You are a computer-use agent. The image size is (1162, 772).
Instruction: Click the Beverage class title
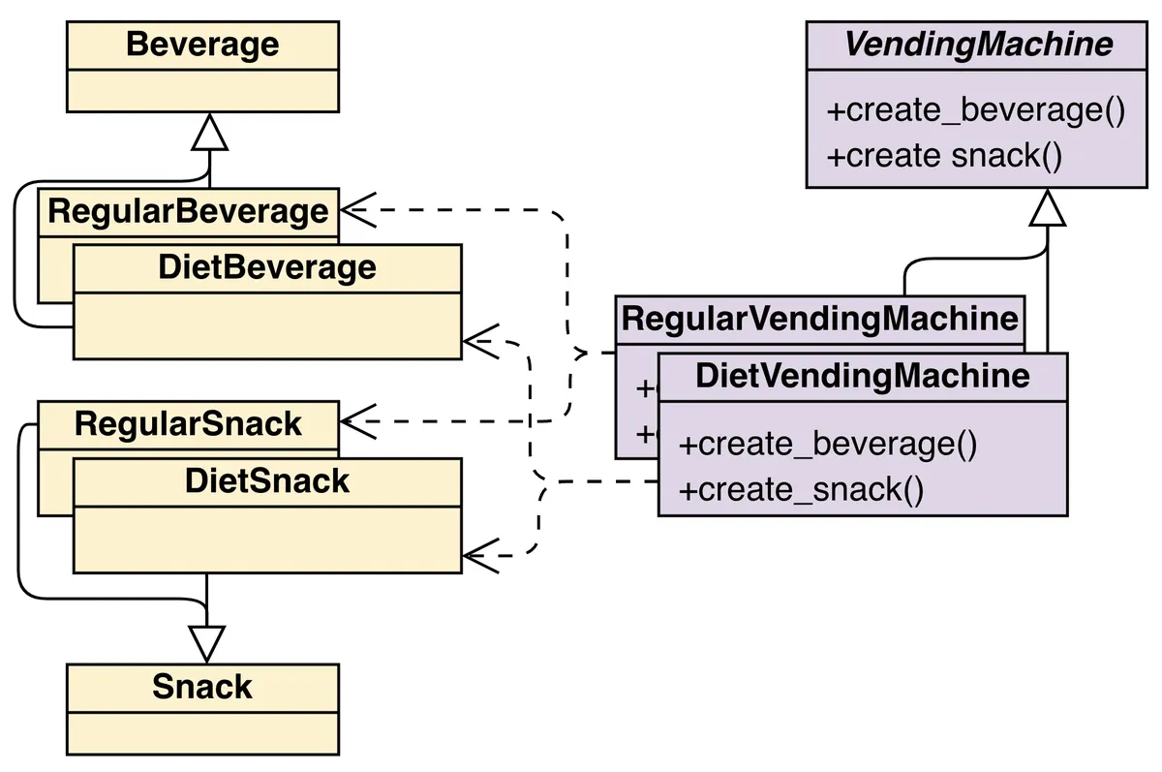click(202, 45)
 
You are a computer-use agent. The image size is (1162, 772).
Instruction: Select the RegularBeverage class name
click(188, 211)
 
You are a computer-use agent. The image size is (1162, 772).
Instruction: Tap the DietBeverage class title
click(267, 267)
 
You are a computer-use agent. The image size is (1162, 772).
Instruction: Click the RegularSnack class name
click(188, 424)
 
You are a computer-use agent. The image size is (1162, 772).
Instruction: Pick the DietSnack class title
click(267, 480)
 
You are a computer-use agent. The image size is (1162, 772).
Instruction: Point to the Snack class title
click(202, 687)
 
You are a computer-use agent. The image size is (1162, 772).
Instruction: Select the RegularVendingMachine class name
click(819, 319)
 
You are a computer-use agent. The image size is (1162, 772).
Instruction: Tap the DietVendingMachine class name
click(862, 376)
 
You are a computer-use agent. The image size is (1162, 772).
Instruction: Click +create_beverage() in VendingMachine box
click(975, 110)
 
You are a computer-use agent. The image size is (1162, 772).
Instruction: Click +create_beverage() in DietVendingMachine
click(828, 445)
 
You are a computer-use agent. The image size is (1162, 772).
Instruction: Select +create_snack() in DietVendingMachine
click(801, 490)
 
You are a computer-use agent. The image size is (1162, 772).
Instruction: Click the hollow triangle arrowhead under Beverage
click(209, 135)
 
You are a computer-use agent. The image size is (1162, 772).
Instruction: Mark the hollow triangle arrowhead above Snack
click(206, 643)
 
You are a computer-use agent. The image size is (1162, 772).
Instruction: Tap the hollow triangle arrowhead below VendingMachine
click(1048, 208)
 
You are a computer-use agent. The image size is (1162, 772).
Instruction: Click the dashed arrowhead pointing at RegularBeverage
click(352, 208)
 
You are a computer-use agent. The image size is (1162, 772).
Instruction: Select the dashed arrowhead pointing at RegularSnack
click(352, 421)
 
